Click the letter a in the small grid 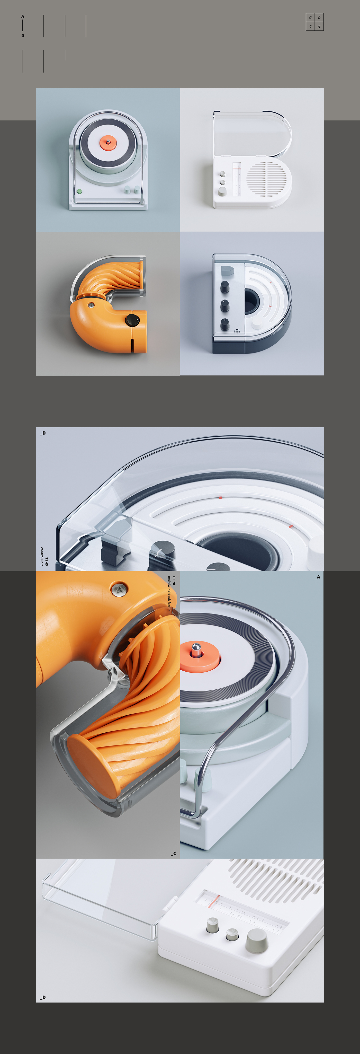pyautogui.click(x=310, y=17)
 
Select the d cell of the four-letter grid pyautogui.click(x=319, y=27)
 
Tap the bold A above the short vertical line pyautogui.click(x=23, y=16)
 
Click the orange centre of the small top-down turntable pyautogui.click(x=108, y=142)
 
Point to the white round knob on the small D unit pyautogui.click(x=257, y=324)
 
